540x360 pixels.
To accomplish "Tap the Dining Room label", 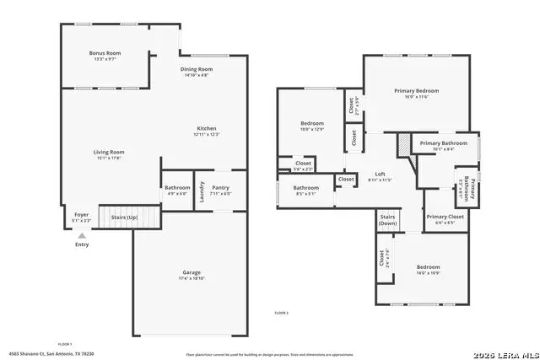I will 197,69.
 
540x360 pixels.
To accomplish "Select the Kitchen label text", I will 207,129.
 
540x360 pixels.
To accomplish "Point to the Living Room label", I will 109,152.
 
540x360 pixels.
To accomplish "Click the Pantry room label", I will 221,187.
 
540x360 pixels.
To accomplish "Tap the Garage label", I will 192,271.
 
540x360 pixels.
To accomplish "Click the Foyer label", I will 82,215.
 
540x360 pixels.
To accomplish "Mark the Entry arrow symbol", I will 82,236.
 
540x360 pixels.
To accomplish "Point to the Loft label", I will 381,174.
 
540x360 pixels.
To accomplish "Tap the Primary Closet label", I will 445,217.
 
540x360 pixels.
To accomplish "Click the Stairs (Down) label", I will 387,221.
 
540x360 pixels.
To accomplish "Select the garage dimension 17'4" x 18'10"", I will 192,277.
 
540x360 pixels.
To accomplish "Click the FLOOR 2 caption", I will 281,313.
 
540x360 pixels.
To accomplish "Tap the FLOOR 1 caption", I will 64,344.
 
